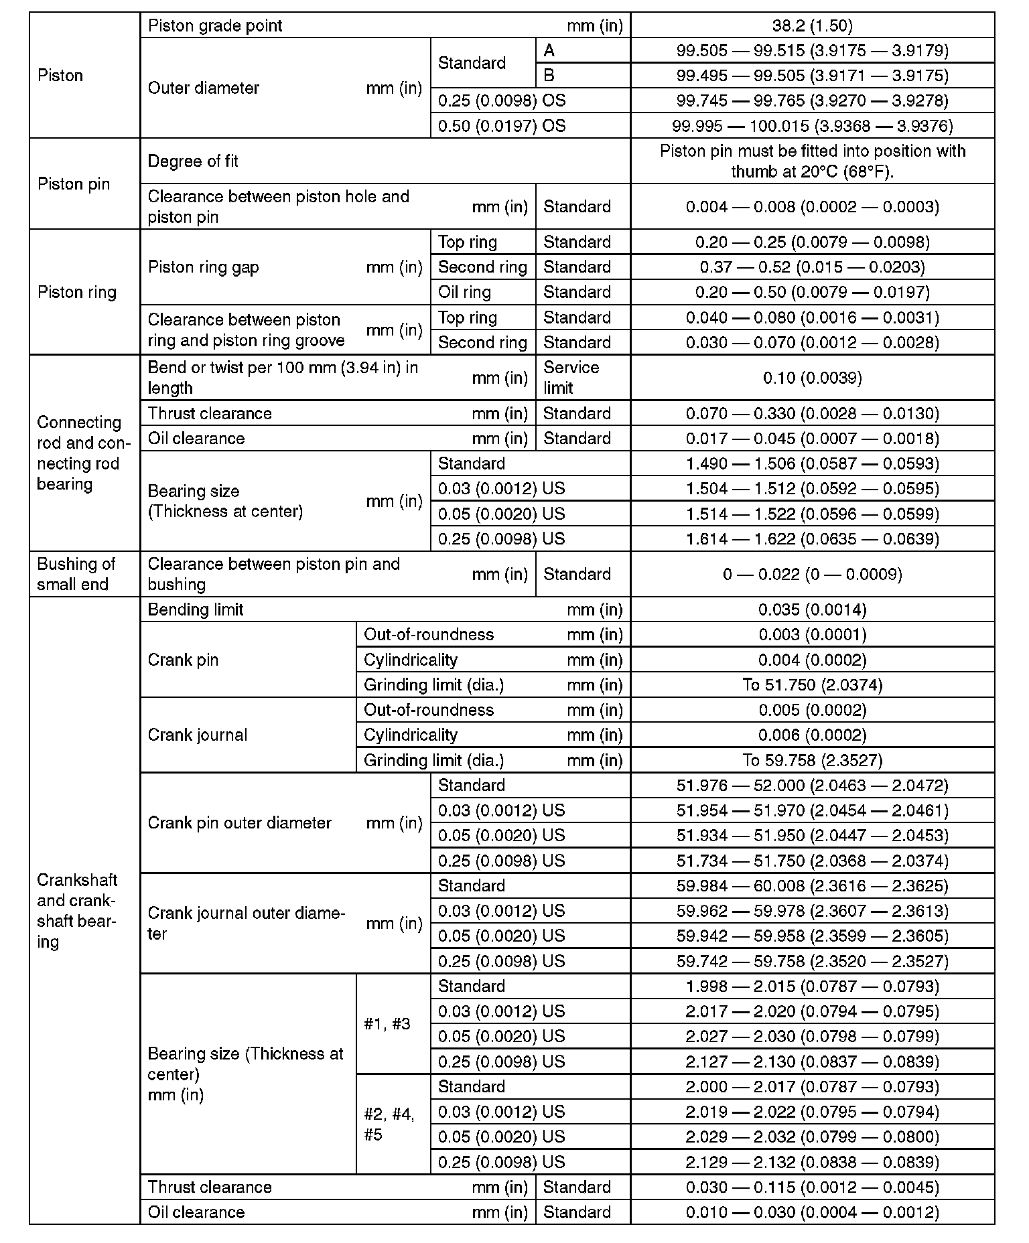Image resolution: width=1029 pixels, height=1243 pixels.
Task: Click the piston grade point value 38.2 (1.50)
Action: point(812,25)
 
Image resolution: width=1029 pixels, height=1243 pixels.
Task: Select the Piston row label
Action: point(60,76)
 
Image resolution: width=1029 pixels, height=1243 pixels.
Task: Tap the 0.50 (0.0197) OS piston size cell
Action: point(501,126)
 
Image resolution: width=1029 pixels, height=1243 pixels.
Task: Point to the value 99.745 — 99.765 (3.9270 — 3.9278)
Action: point(812,100)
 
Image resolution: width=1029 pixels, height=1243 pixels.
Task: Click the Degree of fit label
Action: point(193,161)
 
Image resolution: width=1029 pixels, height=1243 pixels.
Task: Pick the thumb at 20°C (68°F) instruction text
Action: point(812,171)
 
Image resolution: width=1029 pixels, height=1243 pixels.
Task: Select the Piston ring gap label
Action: point(203,267)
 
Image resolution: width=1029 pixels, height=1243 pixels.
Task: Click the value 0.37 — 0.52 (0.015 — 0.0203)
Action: point(812,267)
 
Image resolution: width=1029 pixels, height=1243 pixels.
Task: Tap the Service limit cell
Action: point(571,378)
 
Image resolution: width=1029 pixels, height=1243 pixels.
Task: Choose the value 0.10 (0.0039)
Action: point(812,378)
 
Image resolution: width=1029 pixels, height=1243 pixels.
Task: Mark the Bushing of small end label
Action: point(76,574)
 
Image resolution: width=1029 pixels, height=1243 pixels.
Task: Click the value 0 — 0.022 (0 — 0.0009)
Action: point(812,574)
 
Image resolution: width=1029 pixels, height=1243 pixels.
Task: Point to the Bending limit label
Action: point(196,609)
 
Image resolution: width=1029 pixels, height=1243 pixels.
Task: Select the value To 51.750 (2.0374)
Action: point(812,685)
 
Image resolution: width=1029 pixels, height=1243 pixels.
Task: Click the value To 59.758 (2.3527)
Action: point(812,760)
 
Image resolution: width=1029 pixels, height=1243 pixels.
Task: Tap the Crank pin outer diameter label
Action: point(239,823)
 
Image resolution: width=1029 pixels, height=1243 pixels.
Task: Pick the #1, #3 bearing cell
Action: point(387,1024)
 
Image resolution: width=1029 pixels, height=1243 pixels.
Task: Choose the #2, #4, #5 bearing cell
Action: point(389,1124)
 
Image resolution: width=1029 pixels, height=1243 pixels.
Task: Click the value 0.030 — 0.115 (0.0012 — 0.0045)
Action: point(812,1187)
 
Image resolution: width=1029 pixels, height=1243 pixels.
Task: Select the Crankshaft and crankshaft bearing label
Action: point(77,911)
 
